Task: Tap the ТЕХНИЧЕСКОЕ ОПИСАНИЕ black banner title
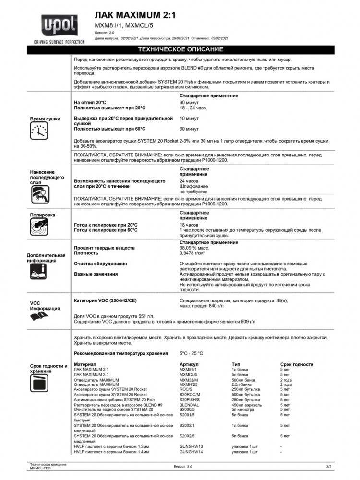[x=180, y=49]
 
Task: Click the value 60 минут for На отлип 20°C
[x=189, y=103]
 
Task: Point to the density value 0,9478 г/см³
[x=192, y=253]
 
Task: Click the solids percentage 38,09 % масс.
[x=194, y=248]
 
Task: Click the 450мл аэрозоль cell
[x=247, y=405]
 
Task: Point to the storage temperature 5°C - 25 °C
[x=191, y=353]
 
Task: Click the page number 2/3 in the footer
[x=328, y=466]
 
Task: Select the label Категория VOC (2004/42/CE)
[x=105, y=300]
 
